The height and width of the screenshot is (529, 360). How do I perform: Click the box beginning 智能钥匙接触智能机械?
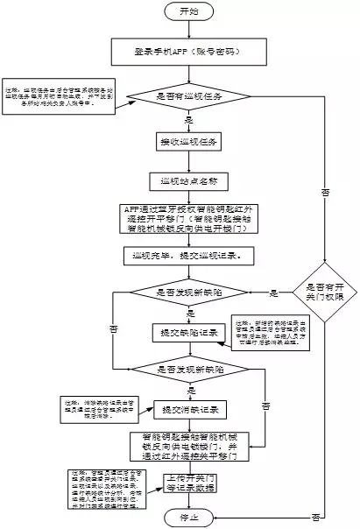pos(195,447)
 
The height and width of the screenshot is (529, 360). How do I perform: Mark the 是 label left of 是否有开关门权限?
pos(273,292)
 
